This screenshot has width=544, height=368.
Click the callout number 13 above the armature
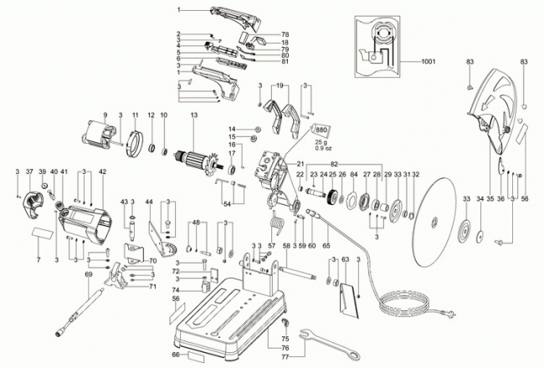[193, 115]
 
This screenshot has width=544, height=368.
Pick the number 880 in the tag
[321, 132]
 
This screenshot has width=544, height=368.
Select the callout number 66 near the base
[177, 355]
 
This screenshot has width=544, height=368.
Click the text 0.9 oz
[321, 149]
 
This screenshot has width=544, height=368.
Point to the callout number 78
[285, 33]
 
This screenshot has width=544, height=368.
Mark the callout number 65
[326, 247]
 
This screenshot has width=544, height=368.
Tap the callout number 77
[285, 355]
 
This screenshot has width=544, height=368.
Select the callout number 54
[228, 203]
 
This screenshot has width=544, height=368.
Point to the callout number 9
[106, 115]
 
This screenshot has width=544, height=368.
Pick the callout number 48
[196, 223]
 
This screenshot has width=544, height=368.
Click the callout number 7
[38, 260]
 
